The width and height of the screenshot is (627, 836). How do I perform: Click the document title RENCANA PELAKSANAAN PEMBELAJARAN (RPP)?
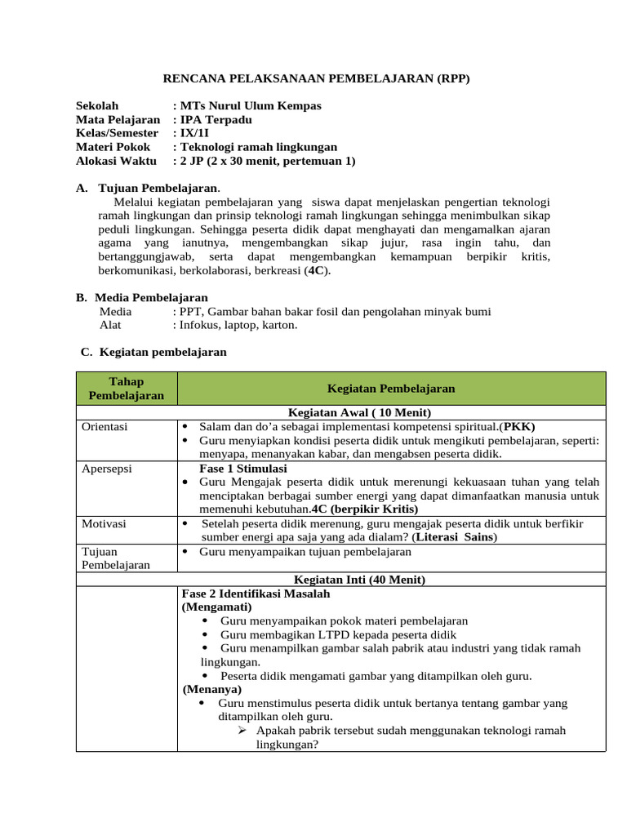click(317, 78)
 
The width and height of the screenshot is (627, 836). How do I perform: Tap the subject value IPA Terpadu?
click(216, 119)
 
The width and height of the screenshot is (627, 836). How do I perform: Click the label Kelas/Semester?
click(117, 133)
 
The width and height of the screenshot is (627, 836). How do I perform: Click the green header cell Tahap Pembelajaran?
click(126, 389)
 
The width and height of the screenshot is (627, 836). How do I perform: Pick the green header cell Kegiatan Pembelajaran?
click(391, 389)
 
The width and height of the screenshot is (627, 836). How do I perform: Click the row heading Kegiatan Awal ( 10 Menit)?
click(355, 412)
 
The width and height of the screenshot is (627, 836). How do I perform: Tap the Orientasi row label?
click(105, 427)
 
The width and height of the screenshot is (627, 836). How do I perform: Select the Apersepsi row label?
click(107, 469)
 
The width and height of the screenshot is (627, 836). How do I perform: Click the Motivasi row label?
click(104, 523)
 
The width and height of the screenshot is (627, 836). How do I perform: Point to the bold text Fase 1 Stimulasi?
click(242, 469)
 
